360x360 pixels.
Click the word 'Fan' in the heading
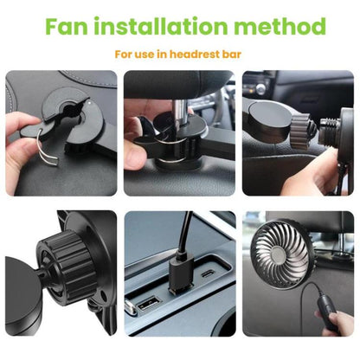click(66, 26)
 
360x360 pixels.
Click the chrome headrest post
click(177, 115)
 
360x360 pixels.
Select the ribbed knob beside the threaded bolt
click(300, 129)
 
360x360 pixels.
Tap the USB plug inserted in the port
click(180, 273)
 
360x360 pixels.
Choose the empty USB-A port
click(149, 304)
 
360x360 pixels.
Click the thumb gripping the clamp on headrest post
click(136, 155)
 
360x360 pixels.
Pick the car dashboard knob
click(260, 89)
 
